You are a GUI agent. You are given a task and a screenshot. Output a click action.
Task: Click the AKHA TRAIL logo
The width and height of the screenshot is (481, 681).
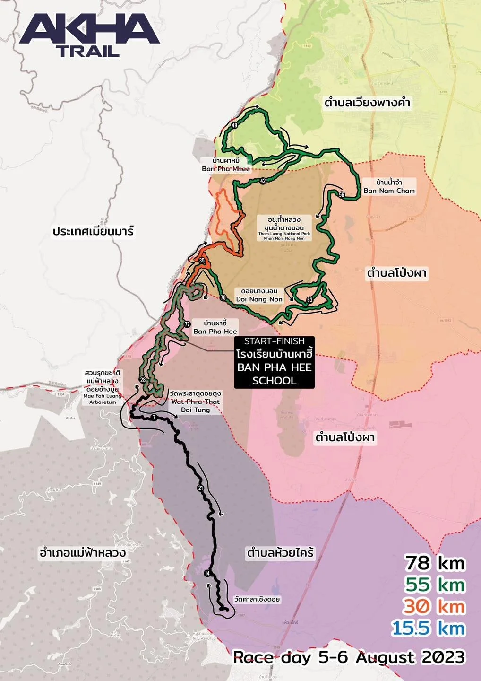89,35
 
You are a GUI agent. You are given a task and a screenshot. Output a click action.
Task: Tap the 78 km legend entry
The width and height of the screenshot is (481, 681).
435,563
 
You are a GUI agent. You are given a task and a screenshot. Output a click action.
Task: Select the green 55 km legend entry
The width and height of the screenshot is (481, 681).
435,585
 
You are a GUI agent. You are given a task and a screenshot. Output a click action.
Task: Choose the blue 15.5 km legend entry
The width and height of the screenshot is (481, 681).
428,629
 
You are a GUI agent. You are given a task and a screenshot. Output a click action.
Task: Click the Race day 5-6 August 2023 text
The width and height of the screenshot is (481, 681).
349,657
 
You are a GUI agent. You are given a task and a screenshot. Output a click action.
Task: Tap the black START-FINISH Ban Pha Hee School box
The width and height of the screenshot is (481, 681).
275,361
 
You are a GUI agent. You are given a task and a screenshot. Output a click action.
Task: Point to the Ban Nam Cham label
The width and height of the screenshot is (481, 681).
389,187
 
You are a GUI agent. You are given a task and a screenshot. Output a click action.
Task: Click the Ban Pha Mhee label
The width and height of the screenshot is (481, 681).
226,165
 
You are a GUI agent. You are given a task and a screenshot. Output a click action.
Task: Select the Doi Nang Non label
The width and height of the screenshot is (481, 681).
259,295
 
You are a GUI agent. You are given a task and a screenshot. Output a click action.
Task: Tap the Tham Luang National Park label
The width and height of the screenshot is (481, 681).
284,228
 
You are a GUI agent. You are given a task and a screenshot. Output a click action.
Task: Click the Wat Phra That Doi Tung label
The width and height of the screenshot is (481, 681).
195,402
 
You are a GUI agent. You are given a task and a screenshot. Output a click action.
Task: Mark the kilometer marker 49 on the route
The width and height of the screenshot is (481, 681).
234,125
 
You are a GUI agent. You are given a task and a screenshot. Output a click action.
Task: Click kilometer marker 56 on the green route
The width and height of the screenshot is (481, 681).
342,195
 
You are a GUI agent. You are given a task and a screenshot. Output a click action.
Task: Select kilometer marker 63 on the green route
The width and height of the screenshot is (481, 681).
310,300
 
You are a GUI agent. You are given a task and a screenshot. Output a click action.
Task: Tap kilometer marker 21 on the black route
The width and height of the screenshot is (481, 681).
200,488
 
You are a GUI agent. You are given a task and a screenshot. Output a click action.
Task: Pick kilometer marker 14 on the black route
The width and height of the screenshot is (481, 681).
207,573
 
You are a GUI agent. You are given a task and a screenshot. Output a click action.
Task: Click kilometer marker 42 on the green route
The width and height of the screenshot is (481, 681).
263,181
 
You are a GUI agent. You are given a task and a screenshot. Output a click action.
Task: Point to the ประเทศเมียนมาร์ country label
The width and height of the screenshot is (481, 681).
93,232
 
